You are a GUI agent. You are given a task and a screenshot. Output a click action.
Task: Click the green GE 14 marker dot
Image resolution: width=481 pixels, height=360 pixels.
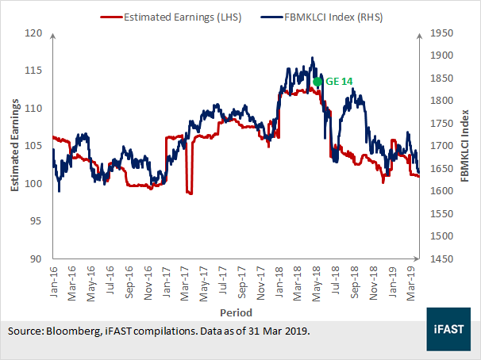pos(317,82)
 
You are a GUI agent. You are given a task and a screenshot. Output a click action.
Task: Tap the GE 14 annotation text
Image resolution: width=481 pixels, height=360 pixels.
pos(339,82)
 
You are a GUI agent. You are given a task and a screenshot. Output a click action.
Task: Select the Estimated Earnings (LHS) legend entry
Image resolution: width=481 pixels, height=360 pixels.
pos(171,17)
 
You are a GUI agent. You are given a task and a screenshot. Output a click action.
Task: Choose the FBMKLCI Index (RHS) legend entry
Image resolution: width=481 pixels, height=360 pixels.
pos(321,17)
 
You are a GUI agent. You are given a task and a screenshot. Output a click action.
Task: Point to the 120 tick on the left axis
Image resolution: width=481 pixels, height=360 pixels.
pos(33,33)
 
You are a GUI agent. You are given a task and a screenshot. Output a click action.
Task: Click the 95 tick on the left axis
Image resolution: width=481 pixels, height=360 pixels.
pos(36,221)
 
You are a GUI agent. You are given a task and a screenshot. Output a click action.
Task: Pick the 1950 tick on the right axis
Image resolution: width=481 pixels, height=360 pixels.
pos(442,33)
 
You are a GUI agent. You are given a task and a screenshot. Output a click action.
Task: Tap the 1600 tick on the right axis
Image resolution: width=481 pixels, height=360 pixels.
pos(442,191)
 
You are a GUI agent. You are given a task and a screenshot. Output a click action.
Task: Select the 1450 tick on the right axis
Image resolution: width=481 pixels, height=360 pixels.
pos(442,259)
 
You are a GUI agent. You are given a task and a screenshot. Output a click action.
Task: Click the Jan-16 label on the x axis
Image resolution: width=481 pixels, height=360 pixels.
pos(53,281)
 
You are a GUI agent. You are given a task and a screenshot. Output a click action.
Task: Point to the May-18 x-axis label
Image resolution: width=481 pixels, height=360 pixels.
pos(316,284)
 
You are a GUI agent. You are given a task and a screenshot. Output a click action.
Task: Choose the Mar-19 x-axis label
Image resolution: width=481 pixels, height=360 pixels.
pos(410,283)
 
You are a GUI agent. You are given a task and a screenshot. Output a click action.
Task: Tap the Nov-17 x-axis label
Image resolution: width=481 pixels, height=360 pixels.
pos(260,283)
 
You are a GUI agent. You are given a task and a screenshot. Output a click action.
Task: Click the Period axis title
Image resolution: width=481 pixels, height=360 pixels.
pos(237,312)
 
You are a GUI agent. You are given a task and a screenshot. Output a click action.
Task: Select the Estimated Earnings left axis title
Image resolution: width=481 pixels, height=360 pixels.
pos(14,145)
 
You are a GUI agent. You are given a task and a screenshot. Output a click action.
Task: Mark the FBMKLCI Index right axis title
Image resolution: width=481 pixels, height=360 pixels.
pos(465,146)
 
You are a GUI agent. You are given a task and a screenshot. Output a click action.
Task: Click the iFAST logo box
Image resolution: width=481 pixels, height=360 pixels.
pos(448,329)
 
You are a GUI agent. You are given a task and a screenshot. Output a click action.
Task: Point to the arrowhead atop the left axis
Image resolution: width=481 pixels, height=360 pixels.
pos(53,36)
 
